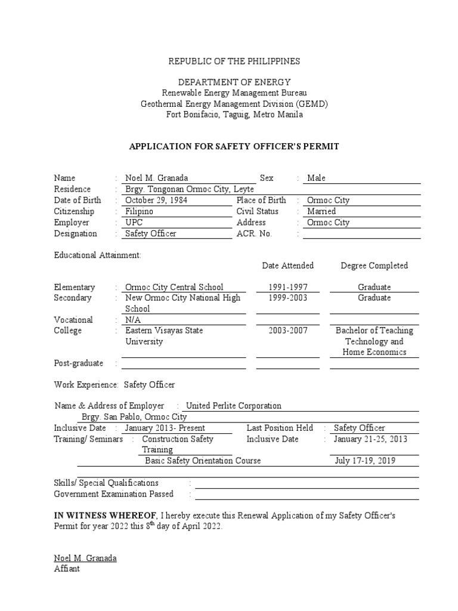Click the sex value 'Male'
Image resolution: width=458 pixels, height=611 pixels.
pos(316,178)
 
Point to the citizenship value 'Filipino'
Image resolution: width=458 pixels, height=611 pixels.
pos(139,211)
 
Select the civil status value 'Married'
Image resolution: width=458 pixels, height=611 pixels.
pos(321,211)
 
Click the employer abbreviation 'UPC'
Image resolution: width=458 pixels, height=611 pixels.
pos(134,223)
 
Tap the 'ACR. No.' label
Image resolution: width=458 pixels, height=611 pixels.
pos(254,234)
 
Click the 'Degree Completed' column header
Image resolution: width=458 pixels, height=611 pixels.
pos(374,266)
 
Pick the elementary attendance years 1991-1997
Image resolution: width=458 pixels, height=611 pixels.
pos(288,287)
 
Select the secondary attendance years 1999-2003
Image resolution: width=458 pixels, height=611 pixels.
pos(288,298)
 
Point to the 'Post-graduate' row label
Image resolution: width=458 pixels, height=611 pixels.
pos(79,363)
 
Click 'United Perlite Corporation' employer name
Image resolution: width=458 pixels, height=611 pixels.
pos(234,406)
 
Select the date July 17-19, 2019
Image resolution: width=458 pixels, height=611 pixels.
pos(364,461)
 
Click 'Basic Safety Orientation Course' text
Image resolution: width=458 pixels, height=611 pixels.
pos(203,461)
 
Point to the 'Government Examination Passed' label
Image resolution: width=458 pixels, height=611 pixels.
pos(114,493)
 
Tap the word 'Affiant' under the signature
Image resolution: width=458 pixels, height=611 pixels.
pos(67,569)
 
